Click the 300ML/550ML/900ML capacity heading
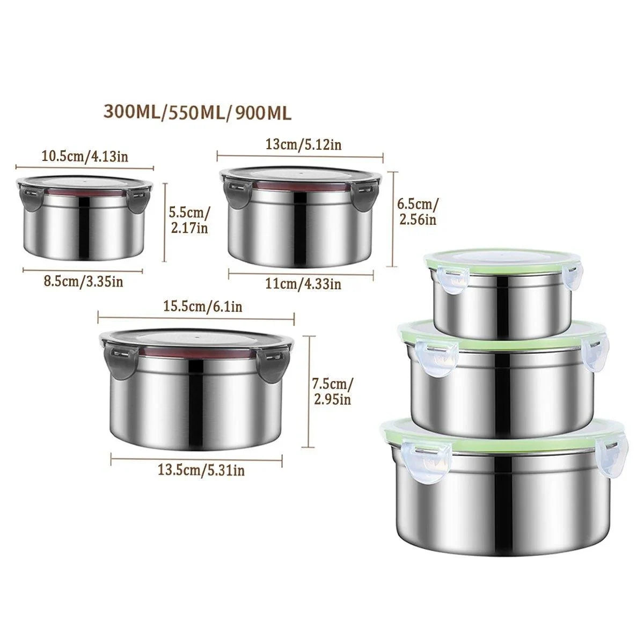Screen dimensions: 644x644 click(x=197, y=112)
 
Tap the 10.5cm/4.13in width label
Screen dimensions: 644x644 click(x=85, y=156)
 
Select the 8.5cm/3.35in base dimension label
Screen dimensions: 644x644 click(x=83, y=281)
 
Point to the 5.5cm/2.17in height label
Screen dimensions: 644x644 click(x=189, y=220)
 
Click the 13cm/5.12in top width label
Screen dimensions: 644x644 click(x=303, y=145)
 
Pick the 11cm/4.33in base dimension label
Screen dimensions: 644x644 click(x=303, y=284)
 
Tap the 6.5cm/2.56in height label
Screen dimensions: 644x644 click(x=418, y=211)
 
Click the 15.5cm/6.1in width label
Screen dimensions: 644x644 click(x=203, y=306)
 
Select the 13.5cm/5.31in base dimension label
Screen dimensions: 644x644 click(x=201, y=470)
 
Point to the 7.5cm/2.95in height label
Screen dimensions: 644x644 click(x=332, y=391)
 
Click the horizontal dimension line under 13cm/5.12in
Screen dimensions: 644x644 click(x=300, y=156)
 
